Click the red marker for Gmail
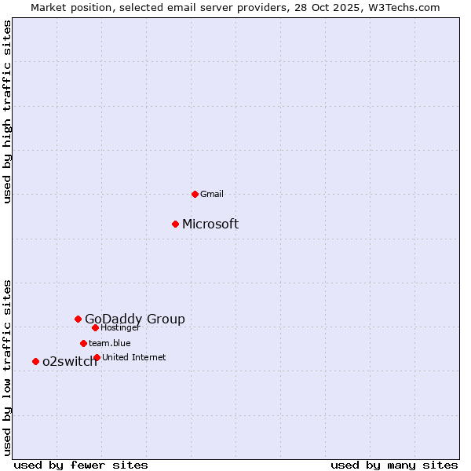click(195, 194)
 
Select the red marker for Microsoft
click(175, 224)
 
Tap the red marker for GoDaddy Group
click(78, 319)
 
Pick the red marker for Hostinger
click(95, 327)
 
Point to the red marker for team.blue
click(83, 343)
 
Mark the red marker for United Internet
click(97, 357)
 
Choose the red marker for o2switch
click(35, 361)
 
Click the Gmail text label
click(212, 194)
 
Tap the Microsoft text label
click(210, 225)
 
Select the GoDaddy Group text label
click(135, 319)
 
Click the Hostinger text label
click(120, 327)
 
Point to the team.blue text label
click(110, 343)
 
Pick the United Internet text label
click(134, 357)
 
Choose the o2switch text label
click(70, 362)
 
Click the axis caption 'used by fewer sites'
click(81, 465)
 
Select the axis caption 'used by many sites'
click(394, 465)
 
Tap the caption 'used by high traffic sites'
click(8, 111)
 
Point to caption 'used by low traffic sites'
click(8, 367)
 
